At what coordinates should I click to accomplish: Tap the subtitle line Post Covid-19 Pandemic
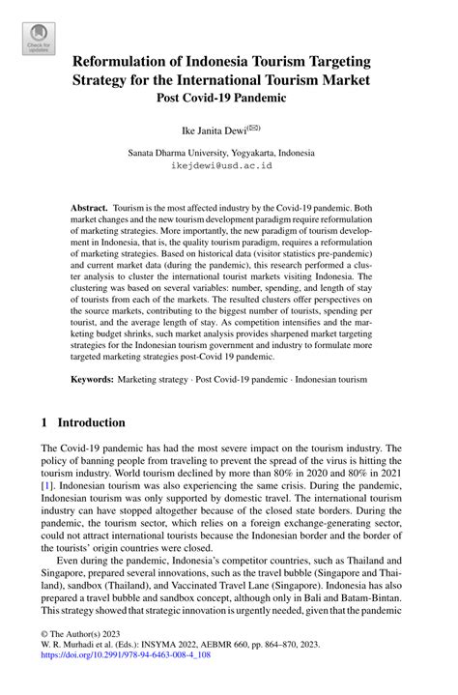click(x=228, y=97)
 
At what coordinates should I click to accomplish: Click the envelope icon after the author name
click(x=254, y=126)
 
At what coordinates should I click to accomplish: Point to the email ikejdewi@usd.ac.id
click(x=228, y=165)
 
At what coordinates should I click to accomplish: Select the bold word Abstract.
click(x=90, y=208)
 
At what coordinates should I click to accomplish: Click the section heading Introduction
click(x=91, y=422)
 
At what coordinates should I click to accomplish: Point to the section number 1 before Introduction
click(x=44, y=422)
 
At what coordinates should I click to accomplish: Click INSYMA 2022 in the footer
click(x=179, y=668)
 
